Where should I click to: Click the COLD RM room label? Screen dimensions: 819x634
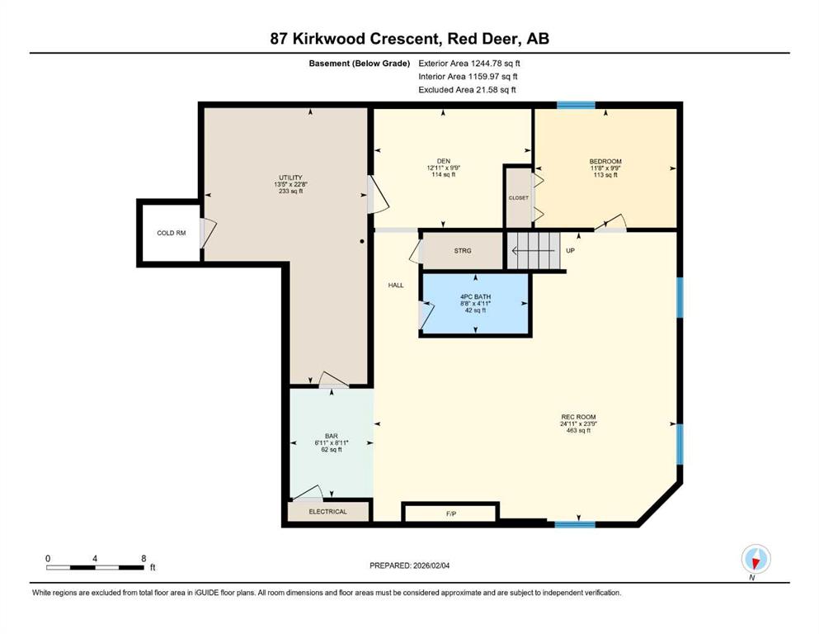pyautogui.click(x=172, y=233)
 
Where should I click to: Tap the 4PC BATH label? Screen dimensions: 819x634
pyautogui.click(x=475, y=297)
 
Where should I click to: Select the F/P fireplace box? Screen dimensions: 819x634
pyautogui.click(x=451, y=512)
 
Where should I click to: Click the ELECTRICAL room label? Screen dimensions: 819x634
pyautogui.click(x=327, y=512)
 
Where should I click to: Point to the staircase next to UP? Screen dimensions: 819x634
pyautogui.click(x=533, y=251)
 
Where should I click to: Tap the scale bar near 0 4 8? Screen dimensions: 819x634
pyautogui.click(x=95, y=567)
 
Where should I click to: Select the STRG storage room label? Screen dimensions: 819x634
pyautogui.click(x=463, y=251)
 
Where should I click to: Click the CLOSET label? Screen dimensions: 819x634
pyautogui.click(x=519, y=198)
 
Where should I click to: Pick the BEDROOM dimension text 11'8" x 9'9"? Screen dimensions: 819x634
pyautogui.click(x=605, y=168)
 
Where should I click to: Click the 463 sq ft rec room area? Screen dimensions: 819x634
pyautogui.click(x=578, y=431)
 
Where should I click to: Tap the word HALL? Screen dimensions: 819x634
pyautogui.click(x=396, y=286)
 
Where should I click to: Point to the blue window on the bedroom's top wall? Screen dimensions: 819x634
pyautogui.click(x=576, y=105)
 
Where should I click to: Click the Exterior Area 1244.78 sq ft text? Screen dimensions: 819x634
pyautogui.click(x=469, y=64)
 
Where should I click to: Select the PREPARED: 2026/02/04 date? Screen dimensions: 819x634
pyautogui.click(x=409, y=565)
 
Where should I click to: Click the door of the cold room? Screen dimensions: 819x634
pyautogui.click(x=207, y=233)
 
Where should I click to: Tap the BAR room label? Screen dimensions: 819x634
pyautogui.click(x=332, y=436)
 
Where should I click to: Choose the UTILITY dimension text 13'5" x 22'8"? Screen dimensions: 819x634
pyautogui.click(x=290, y=184)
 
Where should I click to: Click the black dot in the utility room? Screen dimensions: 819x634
pyautogui.click(x=362, y=242)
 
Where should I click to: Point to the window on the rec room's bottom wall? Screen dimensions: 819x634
pyautogui.click(x=575, y=524)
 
